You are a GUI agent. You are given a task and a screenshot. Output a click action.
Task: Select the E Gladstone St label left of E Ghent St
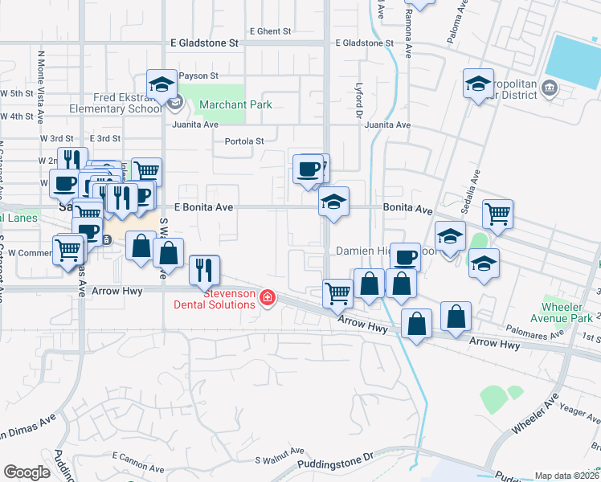click(205, 42)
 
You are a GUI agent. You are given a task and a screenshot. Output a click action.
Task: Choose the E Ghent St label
click(270, 31)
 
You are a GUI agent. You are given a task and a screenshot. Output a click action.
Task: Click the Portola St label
click(243, 141)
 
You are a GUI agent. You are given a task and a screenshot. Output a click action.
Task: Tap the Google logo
click(27, 472)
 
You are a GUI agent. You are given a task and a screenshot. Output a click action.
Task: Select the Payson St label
click(198, 76)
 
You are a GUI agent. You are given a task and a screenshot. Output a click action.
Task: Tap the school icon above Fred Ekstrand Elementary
click(161, 84)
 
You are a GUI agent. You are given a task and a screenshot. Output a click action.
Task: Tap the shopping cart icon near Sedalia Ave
click(497, 214)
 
